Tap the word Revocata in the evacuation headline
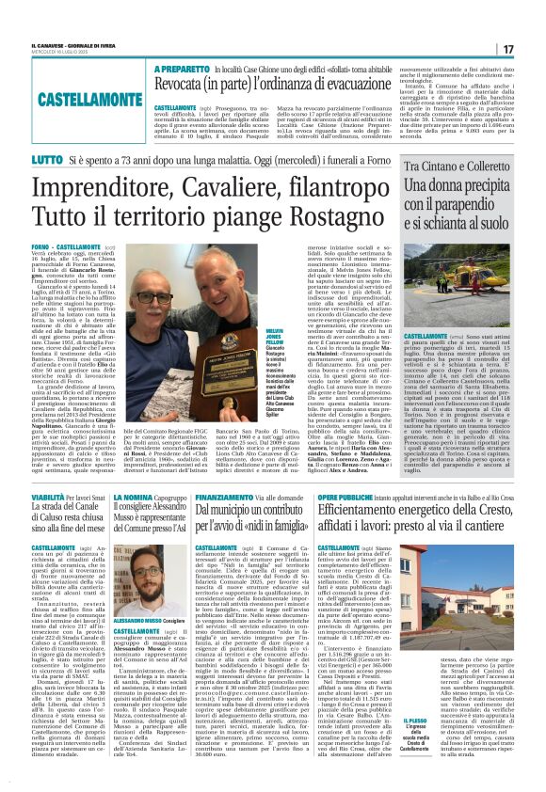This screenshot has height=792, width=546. click(x=186, y=87)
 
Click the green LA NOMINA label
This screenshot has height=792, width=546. click(x=134, y=495)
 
